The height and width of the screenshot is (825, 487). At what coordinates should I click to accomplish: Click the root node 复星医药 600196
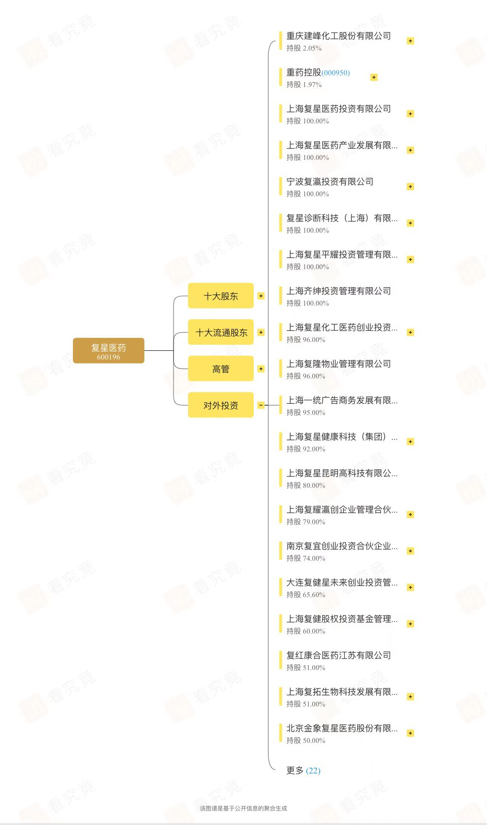(108, 351)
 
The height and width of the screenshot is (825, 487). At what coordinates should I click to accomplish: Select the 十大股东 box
(221, 296)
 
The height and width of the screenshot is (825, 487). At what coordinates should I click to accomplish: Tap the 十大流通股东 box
(221, 332)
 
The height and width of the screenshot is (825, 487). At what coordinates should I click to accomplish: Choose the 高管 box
(221, 369)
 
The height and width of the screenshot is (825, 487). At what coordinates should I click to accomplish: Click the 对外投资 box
(221, 405)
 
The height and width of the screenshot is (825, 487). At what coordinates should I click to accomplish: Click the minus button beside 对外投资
(261, 405)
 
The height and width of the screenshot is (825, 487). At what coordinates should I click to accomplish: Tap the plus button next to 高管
(261, 369)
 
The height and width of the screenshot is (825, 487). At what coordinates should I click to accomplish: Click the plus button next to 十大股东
(261, 296)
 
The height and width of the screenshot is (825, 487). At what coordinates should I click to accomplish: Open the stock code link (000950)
(335, 73)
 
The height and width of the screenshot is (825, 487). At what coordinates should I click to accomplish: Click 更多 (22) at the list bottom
(303, 771)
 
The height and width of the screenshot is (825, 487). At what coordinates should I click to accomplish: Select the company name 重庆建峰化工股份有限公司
(338, 36)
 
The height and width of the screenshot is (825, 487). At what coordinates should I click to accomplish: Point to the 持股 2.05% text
(304, 48)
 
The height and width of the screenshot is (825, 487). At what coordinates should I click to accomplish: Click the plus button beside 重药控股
(374, 77)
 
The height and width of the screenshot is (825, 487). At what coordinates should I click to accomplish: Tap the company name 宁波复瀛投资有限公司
(330, 182)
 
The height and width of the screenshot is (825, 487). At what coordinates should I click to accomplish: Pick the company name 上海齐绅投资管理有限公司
(338, 291)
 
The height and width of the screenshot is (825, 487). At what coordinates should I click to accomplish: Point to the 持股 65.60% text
(306, 595)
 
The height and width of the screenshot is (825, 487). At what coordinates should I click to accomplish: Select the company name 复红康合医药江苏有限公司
(338, 655)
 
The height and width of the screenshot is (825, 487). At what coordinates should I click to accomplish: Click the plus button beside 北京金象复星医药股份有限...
(410, 733)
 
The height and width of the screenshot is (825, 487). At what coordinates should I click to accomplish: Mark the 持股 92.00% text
(306, 449)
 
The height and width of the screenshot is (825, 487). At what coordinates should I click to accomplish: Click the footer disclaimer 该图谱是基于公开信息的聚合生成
(243, 808)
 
